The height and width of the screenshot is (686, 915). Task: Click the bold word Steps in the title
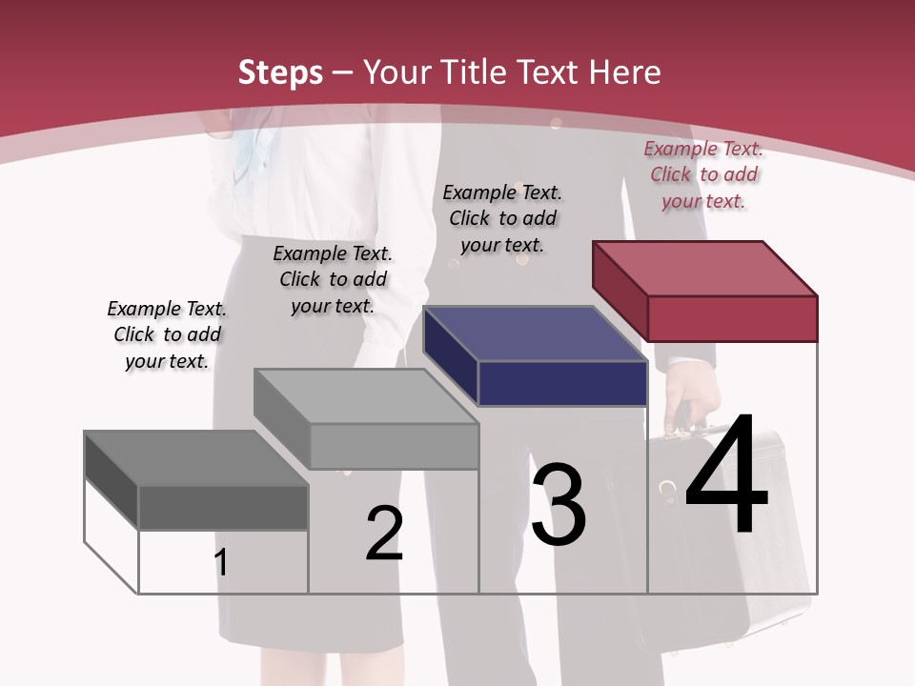coord(280,72)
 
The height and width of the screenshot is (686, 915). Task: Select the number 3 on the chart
coord(559,505)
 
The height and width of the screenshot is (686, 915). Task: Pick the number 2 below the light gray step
coord(384,534)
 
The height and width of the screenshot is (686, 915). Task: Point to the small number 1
coord(221,563)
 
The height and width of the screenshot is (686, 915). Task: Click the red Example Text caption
coord(703,174)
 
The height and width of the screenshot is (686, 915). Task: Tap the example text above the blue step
coord(502,218)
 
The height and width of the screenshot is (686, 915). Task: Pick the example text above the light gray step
coord(333,279)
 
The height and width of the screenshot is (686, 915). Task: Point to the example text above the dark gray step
coord(167,334)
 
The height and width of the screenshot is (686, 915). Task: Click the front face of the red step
coord(732,318)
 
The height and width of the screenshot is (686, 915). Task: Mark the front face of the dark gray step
coord(223,508)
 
